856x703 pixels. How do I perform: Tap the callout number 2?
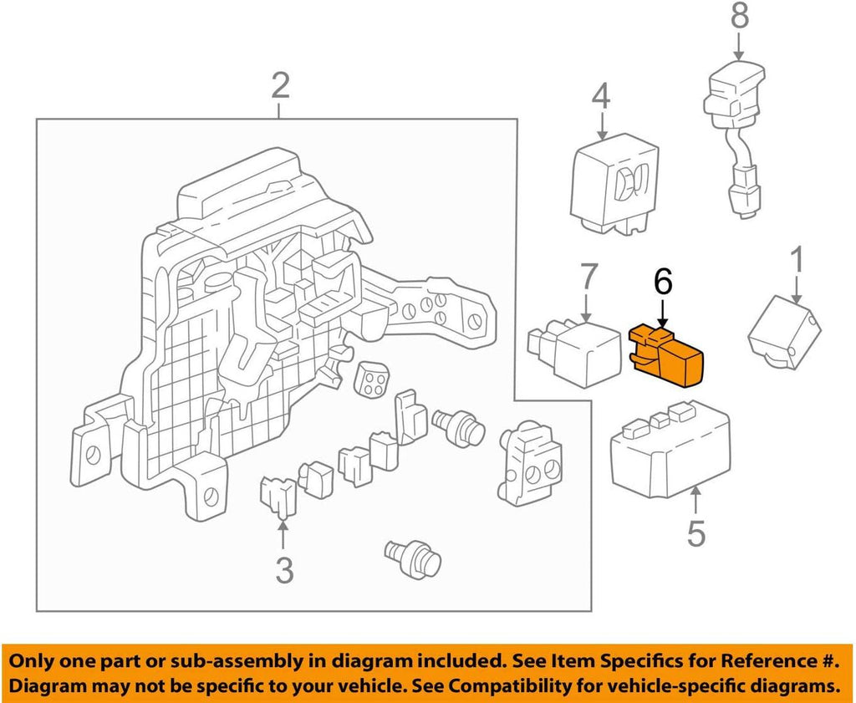point(280,86)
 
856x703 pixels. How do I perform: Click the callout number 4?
point(601,99)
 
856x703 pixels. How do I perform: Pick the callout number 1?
point(797,261)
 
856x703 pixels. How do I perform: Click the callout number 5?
point(696,532)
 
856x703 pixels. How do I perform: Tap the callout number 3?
point(284,572)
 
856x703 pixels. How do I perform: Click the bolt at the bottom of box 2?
point(412,556)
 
